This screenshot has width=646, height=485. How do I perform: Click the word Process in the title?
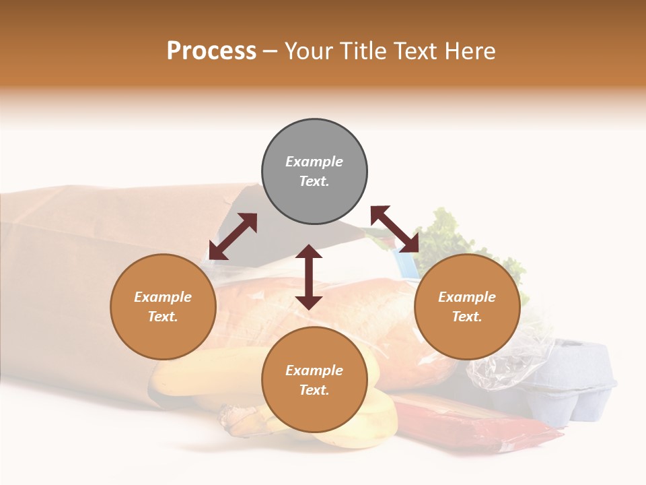click(211, 51)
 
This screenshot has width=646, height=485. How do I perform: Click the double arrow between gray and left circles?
click(233, 236)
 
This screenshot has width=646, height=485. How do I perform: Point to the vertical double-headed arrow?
click(309, 277)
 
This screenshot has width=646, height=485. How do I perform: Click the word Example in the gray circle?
click(314, 162)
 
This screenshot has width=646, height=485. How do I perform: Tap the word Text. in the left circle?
click(163, 317)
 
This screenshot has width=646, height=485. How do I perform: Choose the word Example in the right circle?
click(467, 297)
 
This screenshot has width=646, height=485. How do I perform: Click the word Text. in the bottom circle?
click(314, 390)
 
